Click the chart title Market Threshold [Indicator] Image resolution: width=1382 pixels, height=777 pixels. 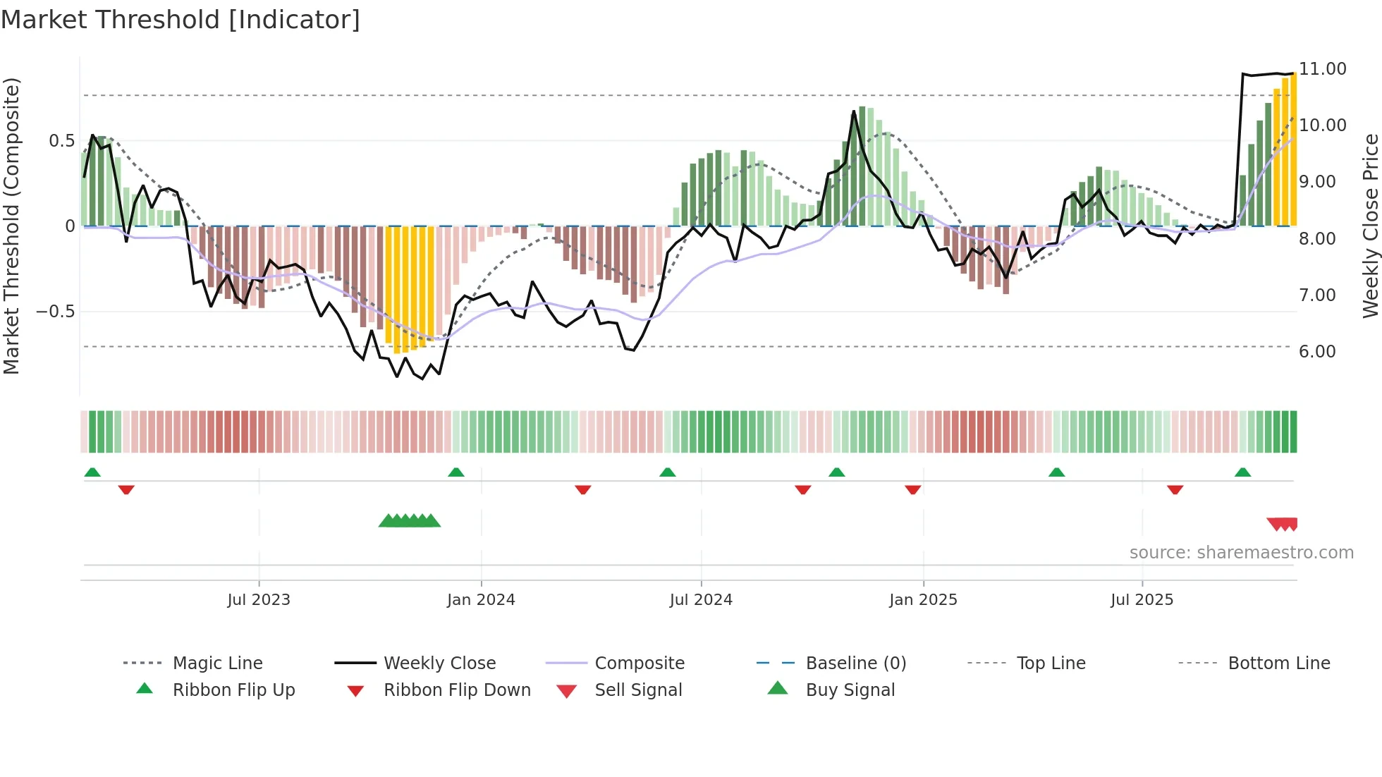pyautogui.click(x=181, y=20)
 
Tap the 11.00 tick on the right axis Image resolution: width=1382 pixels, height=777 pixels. pyautogui.click(x=1323, y=69)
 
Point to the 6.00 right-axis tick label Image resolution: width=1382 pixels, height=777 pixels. pyautogui.click(x=1317, y=352)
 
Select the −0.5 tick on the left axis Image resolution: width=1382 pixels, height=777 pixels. pyautogui.click(x=56, y=312)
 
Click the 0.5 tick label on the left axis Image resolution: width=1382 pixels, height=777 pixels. pyautogui.click(x=61, y=141)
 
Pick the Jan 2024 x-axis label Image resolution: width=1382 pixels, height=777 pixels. pyautogui.click(x=481, y=600)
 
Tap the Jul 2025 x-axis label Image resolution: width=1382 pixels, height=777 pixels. pyautogui.click(x=1142, y=600)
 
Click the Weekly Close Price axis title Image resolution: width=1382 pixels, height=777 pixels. pyautogui.click(x=1370, y=226)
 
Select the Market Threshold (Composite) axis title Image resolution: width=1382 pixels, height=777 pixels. pyautogui.click(x=11, y=226)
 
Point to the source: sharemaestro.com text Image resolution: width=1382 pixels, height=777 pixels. pyautogui.click(x=1241, y=553)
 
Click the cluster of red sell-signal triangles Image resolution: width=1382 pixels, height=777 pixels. pyautogui.click(x=1283, y=524)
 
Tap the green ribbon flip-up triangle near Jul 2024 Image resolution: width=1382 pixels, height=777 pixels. pyautogui.click(x=668, y=472)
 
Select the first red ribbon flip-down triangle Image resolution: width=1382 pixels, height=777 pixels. pyautogui.click(x=126, y=490)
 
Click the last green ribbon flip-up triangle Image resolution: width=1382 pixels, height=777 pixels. pyautogui.click(x=1242, y=472)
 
